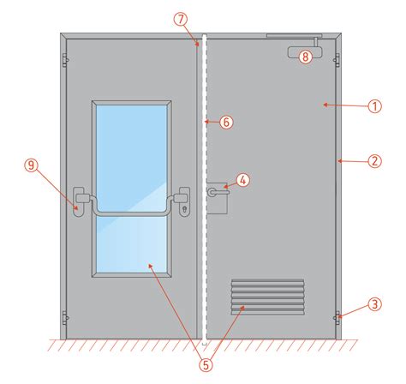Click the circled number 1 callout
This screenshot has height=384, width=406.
[x=374, y=106]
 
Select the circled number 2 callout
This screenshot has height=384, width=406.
[x=374, y=161]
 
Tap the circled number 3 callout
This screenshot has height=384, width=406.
[x=374, y=304]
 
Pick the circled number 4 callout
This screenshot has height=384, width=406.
[x=243, y=180]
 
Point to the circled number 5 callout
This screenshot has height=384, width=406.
[x=206, y=365]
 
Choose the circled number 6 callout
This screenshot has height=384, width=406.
[x=226, y=123]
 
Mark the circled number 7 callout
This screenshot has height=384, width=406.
[x=181, y=20]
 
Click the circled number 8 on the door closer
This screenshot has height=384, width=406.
[x=305, y=57]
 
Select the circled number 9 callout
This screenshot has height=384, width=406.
[x=32, y=165]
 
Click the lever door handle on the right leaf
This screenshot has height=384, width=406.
[x=218, y=192]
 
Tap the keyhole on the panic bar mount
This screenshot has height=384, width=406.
[x=184, y=209]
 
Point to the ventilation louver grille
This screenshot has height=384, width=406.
[x=267, y=297]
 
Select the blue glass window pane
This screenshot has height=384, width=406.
[x=132, y=189]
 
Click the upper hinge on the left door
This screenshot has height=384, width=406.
[x=65, y=60]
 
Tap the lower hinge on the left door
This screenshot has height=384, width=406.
[x=65, y=318]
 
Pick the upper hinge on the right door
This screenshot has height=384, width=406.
[x=337, y=60]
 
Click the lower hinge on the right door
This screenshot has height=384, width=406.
[x=337, y=318]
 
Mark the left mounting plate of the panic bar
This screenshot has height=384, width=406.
[x=79, y=202]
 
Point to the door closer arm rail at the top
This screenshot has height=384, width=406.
[x=294, y=36]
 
